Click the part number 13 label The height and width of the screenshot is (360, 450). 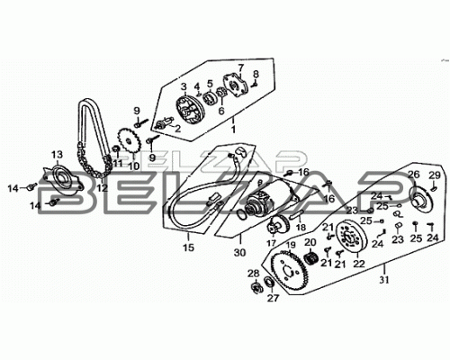click(57, 155)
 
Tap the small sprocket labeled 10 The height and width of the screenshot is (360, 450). click(130, 141)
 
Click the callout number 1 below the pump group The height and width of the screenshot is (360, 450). click(233, 130)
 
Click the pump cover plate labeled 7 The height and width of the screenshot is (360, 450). click(235, 86)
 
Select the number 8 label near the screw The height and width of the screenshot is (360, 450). click(256, 74)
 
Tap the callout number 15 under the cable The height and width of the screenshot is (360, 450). click(188, 247)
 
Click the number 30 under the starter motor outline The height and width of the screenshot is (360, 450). click(239, 253)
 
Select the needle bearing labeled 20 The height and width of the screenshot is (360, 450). click(311, 256)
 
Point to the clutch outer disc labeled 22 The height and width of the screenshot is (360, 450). click(351, 238)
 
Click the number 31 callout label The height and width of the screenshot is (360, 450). click(384, 280)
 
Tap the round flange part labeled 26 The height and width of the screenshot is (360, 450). click(420, 198)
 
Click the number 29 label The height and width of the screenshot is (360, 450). click(434, 175)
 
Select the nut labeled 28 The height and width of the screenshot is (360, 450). click(256, 288)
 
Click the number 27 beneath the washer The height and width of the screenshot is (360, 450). click(273, 298)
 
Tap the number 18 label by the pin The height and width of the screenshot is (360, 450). click(301, 227)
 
